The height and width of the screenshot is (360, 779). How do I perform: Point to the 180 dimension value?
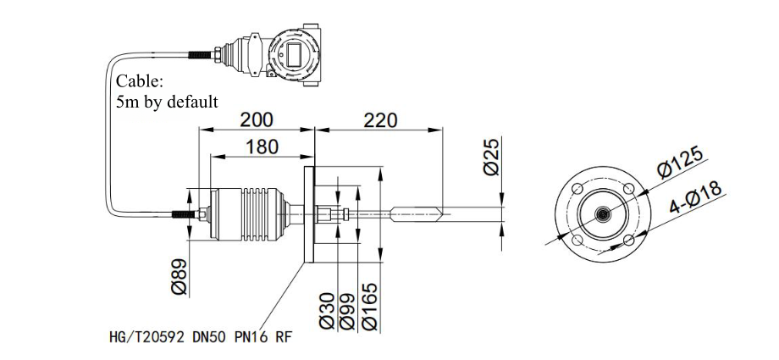click(262, 147)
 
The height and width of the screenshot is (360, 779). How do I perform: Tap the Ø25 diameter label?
click(490, 157)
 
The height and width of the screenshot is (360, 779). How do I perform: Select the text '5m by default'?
click(167, 102)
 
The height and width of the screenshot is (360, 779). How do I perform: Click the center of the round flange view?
click(601, 215)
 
